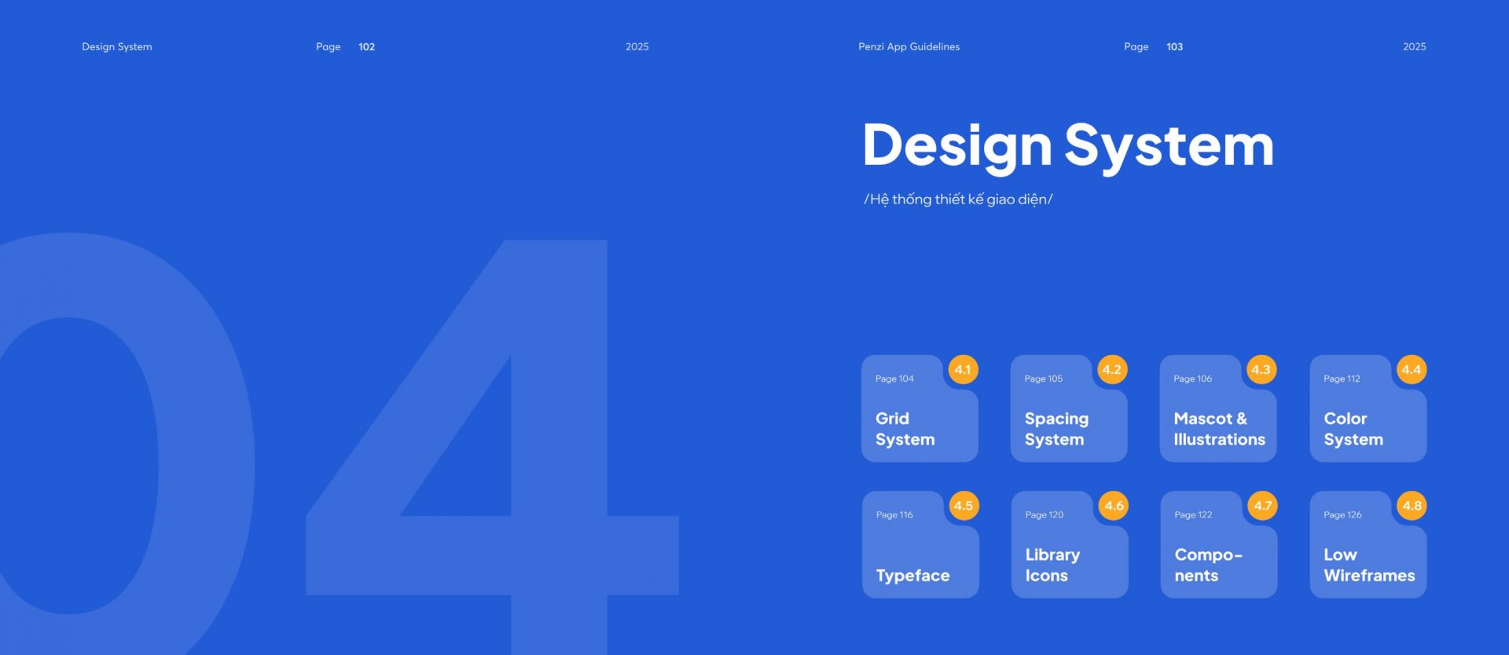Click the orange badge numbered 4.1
click(x=963, y=369)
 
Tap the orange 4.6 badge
click(x=1114, y=506)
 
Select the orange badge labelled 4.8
click(x=1412, y=506)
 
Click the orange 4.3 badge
click(x=1261, y=369)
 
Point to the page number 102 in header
click(x=366, y=47)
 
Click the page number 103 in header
click(x=1174, y=47)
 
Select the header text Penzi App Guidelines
click(x=909, y=47)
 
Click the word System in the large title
click(x=1169, y=147)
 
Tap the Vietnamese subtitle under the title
click(x=958, y=199)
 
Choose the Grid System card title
click(x=905, y=429)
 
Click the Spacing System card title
click(x=1056, y=429)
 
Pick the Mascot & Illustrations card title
click(x=1219, y=429)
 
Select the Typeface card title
click(x=912, y=576)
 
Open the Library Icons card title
click(x=1052, y=565)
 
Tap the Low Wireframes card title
click(x=1369, y=565)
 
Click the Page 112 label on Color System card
click(x=1342, y=379)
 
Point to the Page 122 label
click(x=1193, y=515)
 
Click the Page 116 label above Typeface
click(x=894, y=515)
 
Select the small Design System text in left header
click(x=117, y=47)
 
